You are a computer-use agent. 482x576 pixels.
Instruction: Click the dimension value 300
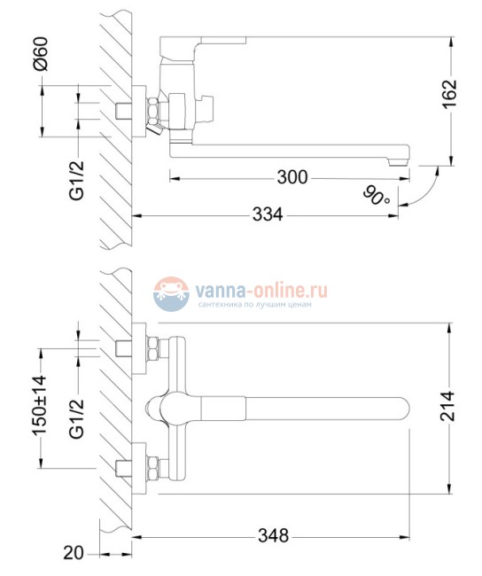[x=292, y=178]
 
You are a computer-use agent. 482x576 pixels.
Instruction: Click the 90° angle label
[x=376, y=193]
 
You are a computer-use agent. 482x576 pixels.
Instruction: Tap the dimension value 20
[x=74, y=553]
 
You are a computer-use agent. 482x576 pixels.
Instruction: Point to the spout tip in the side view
[x=400, y=158]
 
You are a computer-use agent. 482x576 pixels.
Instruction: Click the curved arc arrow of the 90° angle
[x=429, y=186]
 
